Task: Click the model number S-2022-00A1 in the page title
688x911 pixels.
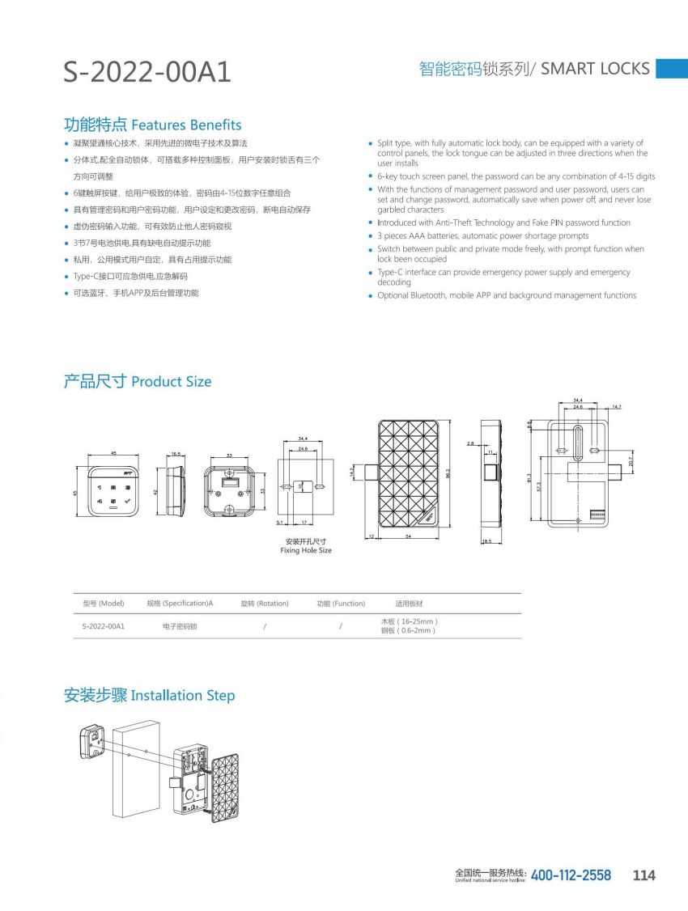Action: tap(147, 73)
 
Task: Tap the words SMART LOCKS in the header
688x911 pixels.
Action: tap(595, 69)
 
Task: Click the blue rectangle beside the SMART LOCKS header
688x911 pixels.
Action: tap(671, 69)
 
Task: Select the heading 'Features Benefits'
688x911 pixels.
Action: tap(186, 125)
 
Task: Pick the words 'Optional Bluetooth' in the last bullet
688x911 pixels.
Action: tap(412, 295)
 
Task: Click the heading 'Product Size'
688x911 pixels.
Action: tap(171, 382)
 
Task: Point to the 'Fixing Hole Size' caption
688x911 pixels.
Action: tap(306, 551)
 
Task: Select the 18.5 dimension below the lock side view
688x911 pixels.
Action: tap(487, 541)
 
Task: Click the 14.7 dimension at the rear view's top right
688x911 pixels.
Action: tap(617, 407)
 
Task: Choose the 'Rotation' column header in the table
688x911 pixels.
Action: tap(265, 604)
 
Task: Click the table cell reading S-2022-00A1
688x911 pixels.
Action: tap(103, 626)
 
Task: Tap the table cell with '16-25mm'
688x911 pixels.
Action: tap(409, 621)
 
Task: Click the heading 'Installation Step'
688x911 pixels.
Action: tap(183, 696)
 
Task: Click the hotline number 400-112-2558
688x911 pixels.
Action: tap(571, 875)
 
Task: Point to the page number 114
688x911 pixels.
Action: tap(644, 875)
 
